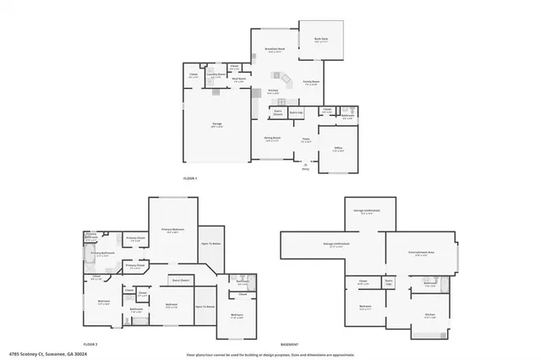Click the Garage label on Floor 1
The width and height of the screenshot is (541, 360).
216,124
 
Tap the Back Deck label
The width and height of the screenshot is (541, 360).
321,39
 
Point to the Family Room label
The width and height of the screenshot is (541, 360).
311,83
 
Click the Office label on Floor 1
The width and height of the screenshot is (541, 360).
337,148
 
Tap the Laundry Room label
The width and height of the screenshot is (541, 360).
216,74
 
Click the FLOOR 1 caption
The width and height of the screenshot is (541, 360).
190,179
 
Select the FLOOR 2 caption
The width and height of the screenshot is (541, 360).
90,345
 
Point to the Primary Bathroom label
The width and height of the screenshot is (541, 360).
101,253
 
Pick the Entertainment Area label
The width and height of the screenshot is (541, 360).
420,252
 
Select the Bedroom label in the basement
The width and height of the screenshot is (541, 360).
365,306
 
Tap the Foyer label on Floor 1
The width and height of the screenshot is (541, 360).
307,139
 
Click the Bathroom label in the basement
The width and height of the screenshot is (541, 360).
429,284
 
